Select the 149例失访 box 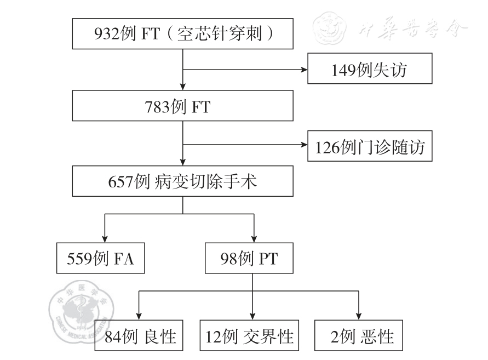pyautogui.click(x=370, y=70)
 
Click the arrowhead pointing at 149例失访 pyautogui.click(x=303, y=70)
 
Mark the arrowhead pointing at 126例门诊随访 pyautogui.click(x=303, y=146)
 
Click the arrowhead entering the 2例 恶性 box pyautogui.click(x=358, y=315)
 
